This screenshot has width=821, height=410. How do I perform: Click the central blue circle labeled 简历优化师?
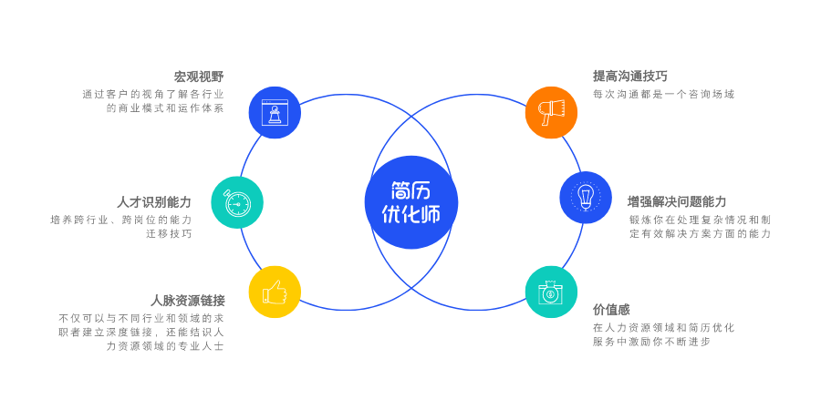(x=410, y=202)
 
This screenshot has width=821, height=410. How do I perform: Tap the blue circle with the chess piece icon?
(x=275, y=112)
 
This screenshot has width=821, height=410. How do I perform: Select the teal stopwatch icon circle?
(x=237, y=202)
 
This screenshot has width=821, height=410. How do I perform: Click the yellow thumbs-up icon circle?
(x=275, y=292)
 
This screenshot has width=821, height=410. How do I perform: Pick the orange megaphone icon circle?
(x=551, y=112)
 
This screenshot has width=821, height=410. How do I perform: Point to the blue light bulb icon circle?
(x=586, y=197)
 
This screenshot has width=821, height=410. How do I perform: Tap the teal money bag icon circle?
(x=551, y=292)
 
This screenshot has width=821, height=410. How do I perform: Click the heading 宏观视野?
(x=199, y=77)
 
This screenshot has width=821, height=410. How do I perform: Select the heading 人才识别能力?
(x=154, y=201)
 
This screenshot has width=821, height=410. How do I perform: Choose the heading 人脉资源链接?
(x=188, y=300)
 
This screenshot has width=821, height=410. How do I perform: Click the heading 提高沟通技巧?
(x=630, y=77)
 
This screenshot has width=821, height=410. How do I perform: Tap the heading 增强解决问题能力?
(x=677, y=201)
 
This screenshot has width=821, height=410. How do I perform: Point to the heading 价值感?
(x=611, y=310)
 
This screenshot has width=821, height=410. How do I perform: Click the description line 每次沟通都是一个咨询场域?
(x=663, y=94)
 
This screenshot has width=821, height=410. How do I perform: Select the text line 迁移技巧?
(x=169, y=233)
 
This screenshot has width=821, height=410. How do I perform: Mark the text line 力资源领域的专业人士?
(x=164, y=345)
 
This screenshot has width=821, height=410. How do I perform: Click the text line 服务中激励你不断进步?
(x=651, y=342)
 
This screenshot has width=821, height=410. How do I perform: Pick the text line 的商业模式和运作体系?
(x=164, y=108)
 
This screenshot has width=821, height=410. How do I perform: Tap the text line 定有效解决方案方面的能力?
(x=700, y=233)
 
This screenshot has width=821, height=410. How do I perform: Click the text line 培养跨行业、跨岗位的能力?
(x=121, y=220)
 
